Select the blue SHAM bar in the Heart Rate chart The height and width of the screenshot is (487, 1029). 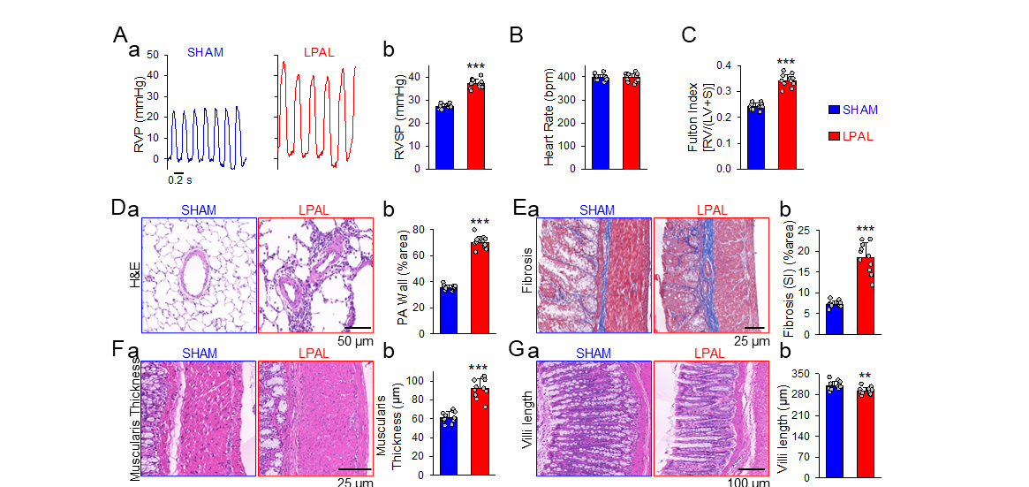pos(602,124)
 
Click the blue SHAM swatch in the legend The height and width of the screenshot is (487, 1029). pos(832,110)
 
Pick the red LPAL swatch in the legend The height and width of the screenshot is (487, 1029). pos(832,136)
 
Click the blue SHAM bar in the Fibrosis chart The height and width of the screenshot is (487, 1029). pos(836,319)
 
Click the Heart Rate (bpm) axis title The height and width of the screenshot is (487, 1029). pos(549,118)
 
